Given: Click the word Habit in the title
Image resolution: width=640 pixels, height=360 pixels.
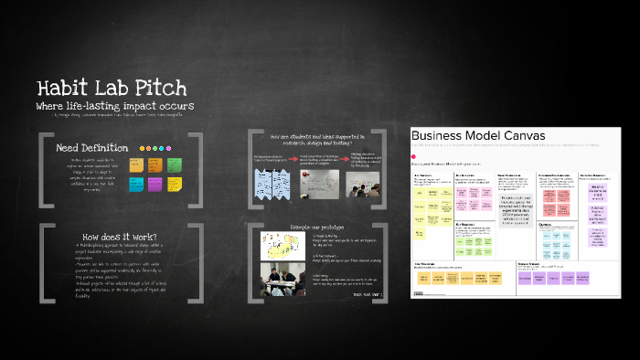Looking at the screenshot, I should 63,89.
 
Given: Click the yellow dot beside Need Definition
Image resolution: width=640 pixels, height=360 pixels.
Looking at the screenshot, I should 142,148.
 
